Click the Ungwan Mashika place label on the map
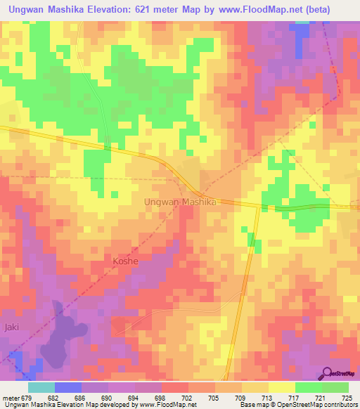179,202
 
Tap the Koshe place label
125,261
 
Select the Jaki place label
11,327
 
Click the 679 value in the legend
27,398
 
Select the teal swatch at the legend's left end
41,387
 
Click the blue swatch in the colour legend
68,387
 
